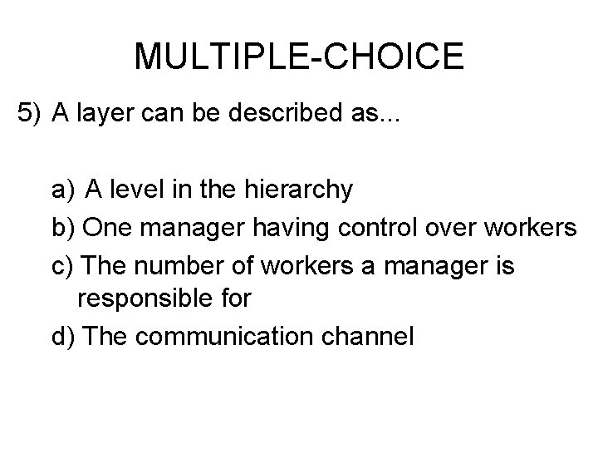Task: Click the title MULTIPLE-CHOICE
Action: [299, 57]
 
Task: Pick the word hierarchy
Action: [300, 190]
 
